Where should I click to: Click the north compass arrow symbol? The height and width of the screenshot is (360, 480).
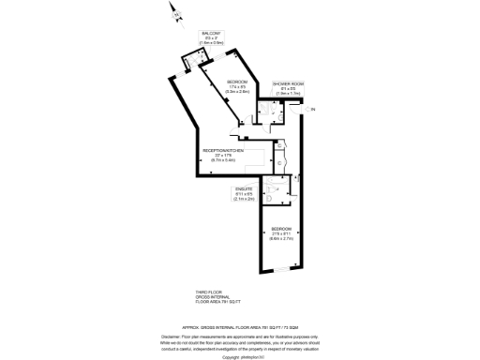pyautogui.click(x=172, y=12)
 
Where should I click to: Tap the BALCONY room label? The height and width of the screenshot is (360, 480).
pyautogui.click(x=211, y=33)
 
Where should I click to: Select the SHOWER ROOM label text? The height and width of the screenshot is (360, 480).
pyautogui.click(x=288, y=84)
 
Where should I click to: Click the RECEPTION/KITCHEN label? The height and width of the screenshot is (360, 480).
pyautogui.click(x=223, y=151)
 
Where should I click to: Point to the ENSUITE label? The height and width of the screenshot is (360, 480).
pyautogui.click(x=244, y=188)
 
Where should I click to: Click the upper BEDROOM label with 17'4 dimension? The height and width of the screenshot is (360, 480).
pyautogui.click(x=236, y=82)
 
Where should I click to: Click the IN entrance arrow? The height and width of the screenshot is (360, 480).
pyautogui.click(x=305, y=110)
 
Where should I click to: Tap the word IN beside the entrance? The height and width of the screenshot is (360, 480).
pyautogui.click(x=314, y=110)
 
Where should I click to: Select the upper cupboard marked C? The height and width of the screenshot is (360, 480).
pyautogui.click(x=280, y=146)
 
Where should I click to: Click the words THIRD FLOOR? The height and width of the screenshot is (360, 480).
pyautogui.click(x=208, y=292)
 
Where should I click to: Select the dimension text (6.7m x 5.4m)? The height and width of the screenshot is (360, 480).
pyautogui.click(x=223, y=161)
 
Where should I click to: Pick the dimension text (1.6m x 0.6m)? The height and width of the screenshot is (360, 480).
pyautogui.click(x=211, y=43)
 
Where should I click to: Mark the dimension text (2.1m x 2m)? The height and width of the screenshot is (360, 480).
pyautogui.click(x=244, y=199)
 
